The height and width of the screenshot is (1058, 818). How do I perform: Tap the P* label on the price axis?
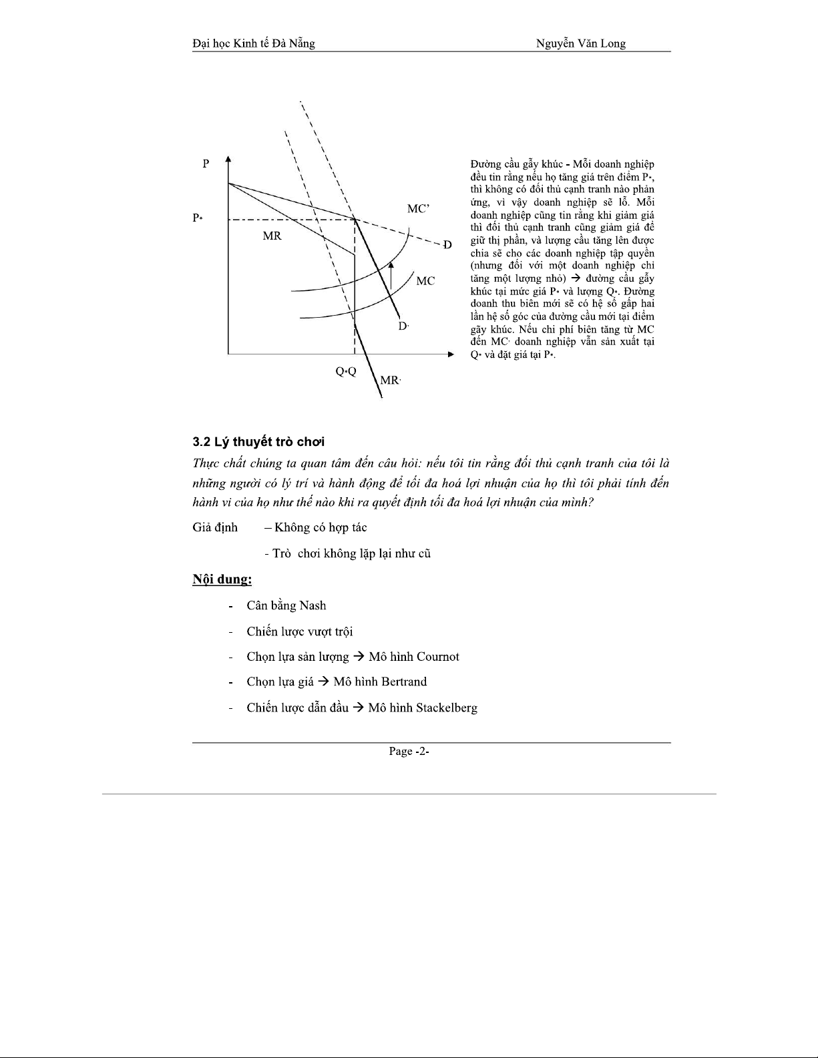[197, 218]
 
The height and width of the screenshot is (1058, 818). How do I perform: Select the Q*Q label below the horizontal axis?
[346, 371]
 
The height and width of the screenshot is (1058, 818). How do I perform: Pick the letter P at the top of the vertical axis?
[206, 164]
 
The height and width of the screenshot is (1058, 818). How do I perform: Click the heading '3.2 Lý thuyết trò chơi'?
[258, 442]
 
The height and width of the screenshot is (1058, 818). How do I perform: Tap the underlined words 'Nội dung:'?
[222, 579]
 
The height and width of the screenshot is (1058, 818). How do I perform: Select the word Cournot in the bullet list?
[437, 657]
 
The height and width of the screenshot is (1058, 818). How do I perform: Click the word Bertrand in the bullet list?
[404, 682]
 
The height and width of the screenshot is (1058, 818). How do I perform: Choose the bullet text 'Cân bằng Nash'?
[286, 605]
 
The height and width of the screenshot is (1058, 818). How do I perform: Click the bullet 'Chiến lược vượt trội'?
[299, 631]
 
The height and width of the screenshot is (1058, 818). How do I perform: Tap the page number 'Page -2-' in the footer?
[409, 752]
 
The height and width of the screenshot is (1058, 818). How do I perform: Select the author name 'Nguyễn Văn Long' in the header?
[580, 44]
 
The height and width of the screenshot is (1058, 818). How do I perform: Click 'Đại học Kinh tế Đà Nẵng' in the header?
[253, 44]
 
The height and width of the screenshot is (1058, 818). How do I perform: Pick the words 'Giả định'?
[214, 527]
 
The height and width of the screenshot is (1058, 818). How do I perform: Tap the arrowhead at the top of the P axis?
[228, 159]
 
